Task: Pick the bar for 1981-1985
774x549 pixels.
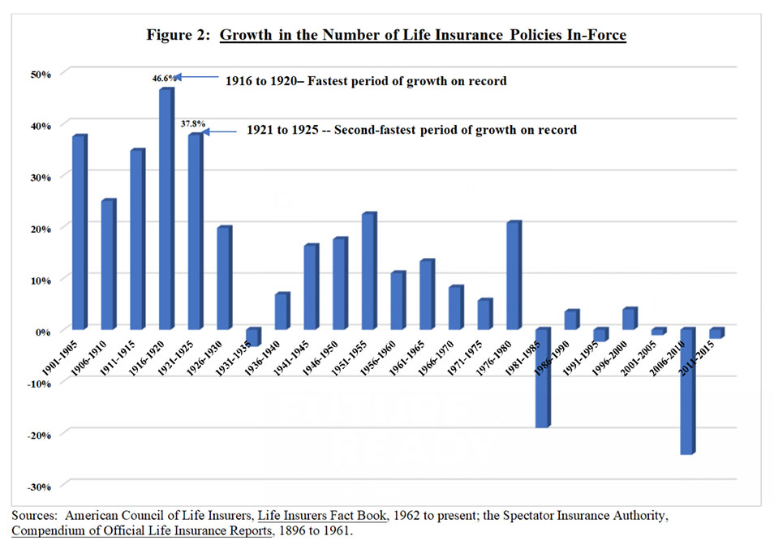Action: coord(542,378)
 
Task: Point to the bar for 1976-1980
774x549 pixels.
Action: coord(513,276)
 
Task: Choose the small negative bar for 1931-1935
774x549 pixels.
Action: coord(252,337)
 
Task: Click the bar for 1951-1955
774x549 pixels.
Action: coord(368,272)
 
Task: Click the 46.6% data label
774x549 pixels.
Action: coord(162,79)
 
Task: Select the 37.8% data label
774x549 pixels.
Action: coord(191,125)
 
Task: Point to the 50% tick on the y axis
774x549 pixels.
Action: coord(41,74)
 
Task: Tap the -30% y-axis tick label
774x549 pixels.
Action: coord(40,486)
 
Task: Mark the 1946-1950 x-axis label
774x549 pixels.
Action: coord(331,354)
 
